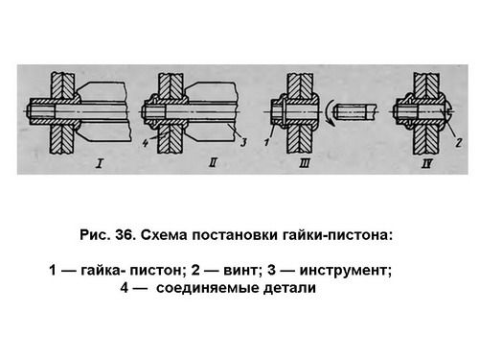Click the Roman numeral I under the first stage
(100, 164)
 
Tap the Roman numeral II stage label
(213, 163)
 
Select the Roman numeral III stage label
(305, 164)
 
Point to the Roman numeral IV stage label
(427, 164)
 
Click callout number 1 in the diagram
(267, 141)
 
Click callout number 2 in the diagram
(459, 142)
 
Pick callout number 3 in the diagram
(243, 142)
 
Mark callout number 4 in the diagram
(146, 143)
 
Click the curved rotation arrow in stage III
(330, 112)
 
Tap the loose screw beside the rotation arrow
(355, 112)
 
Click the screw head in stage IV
(447, 111)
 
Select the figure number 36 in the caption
(124, 235)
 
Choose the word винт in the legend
(239, 271)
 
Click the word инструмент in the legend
(343, 271)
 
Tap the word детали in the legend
(289, 288)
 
